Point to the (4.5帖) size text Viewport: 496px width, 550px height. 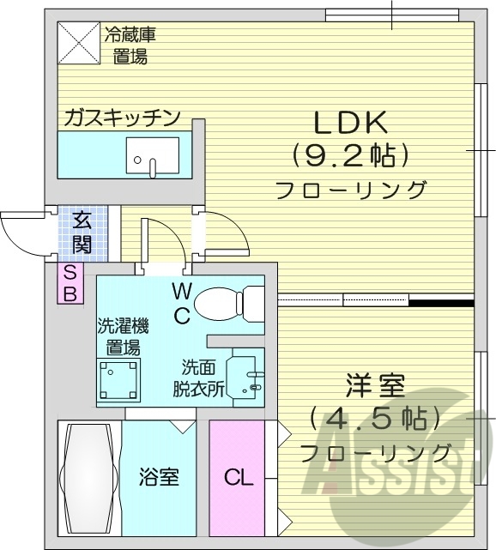point(377,419)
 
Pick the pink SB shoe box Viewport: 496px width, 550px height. point(70,283)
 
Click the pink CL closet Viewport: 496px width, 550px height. point(238,477)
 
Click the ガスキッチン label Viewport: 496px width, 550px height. point(121,117)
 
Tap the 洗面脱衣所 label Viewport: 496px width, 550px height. point(199,376)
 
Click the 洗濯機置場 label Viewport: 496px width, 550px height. point(123,336)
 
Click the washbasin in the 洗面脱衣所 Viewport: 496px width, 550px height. point(248,375)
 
